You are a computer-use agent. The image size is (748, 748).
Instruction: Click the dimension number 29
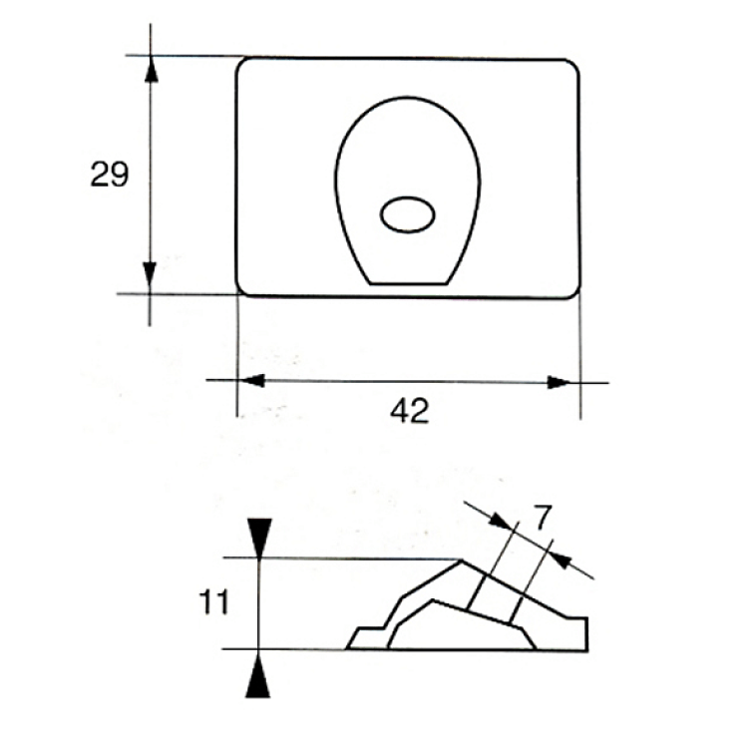[110, 175]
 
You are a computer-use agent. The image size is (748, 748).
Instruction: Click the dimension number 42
[410, 411]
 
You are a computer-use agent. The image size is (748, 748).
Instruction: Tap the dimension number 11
[213, 602]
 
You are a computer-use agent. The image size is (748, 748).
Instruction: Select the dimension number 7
[543, 518]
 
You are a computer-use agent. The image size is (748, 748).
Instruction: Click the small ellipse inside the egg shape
[407, 214]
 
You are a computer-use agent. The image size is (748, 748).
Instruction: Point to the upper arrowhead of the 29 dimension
[152, 69]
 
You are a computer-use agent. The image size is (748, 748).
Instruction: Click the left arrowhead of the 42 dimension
[251, 381]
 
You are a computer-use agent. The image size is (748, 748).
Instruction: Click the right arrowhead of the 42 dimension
[561, 382]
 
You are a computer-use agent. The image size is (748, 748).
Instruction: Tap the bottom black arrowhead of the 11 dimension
[258, 675]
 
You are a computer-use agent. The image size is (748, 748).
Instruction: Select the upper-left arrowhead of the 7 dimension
[502, 521]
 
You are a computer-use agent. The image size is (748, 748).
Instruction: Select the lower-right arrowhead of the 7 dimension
[561, 560]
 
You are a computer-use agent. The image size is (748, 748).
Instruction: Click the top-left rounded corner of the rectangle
[241, 64]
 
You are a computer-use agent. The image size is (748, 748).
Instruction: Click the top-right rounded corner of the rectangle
[573, 66]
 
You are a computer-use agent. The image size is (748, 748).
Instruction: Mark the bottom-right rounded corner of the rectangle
[574, 293]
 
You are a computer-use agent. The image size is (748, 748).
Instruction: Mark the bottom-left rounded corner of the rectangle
[242, 290]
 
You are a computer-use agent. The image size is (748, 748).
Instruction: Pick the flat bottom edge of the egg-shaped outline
[409, 284]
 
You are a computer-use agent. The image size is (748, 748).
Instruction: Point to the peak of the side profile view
[462, 561]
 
